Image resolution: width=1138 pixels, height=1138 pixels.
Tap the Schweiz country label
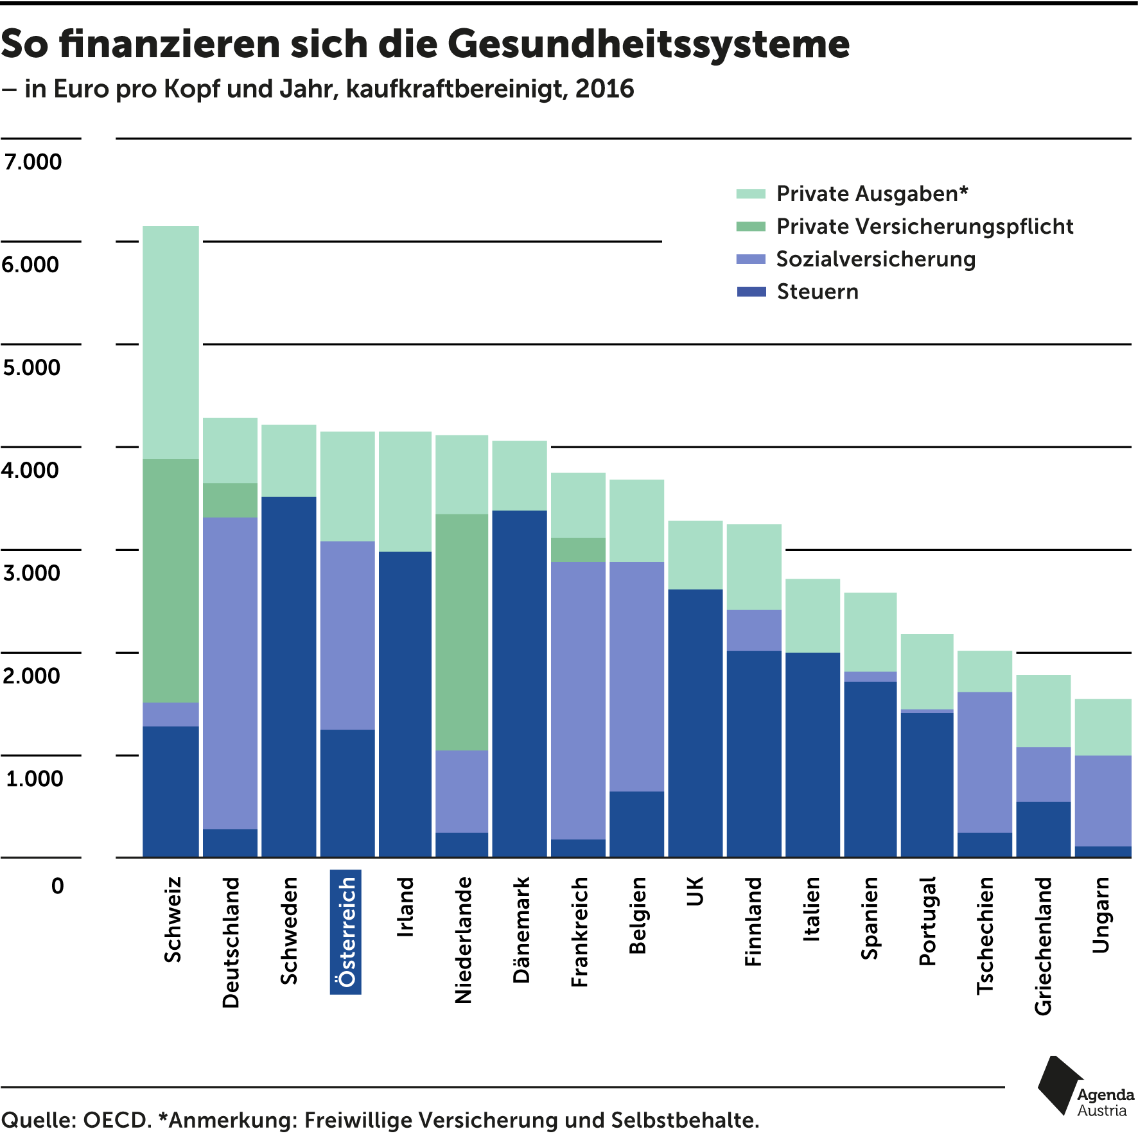pos(173,919)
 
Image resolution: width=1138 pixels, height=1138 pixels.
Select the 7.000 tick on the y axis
pos(33,162)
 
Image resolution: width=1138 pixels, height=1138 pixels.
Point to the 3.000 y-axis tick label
pos(31,573)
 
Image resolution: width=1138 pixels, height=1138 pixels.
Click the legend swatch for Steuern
pos(751,292)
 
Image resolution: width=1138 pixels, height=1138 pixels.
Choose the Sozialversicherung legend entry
pos(875,259)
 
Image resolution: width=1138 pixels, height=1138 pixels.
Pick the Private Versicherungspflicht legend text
pos(924,227)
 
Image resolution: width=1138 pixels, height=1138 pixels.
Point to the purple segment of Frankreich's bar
pos(578,700)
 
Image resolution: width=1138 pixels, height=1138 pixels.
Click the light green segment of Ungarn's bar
pos(1103,726)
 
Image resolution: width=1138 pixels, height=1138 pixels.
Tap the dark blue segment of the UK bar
pos(695,722)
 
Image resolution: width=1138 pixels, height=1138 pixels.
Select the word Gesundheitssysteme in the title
pos(648,45)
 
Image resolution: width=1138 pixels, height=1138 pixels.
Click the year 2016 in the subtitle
pos(604,89)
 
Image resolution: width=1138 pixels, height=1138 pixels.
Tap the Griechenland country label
pos(1042,945)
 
